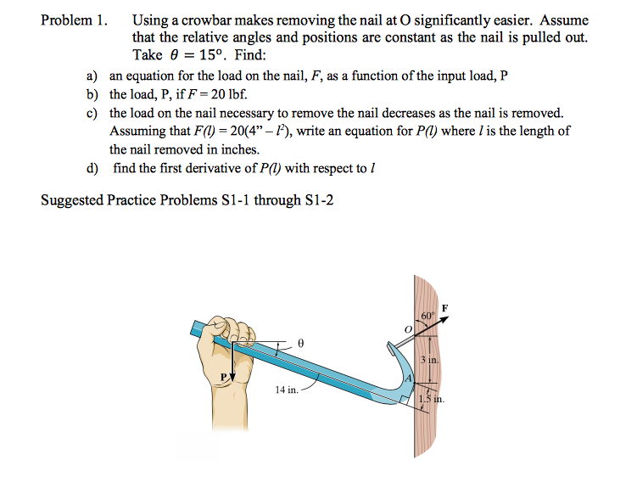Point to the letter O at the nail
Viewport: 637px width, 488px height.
(x=407, y=328)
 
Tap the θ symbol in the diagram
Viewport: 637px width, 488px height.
(x=299, y=343)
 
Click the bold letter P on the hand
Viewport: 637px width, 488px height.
(x=224, y=375)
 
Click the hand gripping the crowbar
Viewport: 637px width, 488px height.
(x=229, y=335)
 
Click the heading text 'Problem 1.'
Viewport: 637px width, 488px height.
(x=75, y=20)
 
